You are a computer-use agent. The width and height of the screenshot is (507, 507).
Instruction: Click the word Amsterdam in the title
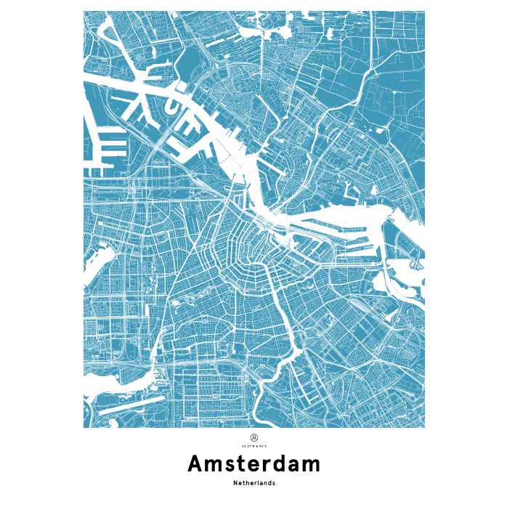click(x=253, y=463)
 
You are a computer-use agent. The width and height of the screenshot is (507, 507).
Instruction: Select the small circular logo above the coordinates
click(x=253, y=437)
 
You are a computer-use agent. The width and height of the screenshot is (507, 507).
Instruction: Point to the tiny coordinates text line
click(x=253, y=445)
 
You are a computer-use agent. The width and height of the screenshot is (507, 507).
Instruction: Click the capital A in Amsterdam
click(x=196, y=463)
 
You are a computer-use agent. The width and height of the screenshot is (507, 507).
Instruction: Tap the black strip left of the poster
click(x=36, y=253)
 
